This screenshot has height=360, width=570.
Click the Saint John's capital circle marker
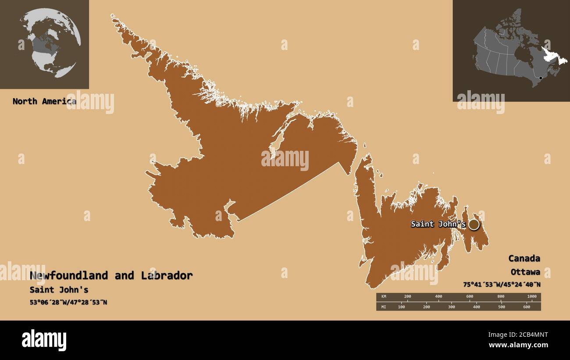click(474, 225)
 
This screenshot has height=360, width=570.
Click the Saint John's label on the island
click(438, 224)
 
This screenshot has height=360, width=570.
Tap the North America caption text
click(44, 101)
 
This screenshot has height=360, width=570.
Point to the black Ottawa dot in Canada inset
click(541, 78)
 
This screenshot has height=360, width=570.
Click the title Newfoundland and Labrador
click(111, 275)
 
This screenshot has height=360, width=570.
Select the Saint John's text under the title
click(59, 290)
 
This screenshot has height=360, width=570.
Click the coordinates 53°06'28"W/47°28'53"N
click(68, 303)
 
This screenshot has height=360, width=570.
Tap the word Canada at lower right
click(524, 258)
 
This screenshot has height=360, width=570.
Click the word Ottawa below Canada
click(525, 272)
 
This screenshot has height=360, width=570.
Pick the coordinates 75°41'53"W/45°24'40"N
click(502, 284)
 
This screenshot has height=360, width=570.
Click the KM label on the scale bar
click(384, 297)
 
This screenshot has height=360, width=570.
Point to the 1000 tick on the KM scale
click(531, 297)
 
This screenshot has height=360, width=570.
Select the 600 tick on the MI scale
click(527, 307)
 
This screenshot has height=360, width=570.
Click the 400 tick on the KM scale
click(438, 297)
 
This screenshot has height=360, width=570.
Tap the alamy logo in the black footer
click(44, 340)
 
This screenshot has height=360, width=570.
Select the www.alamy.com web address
click(518, 346)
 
